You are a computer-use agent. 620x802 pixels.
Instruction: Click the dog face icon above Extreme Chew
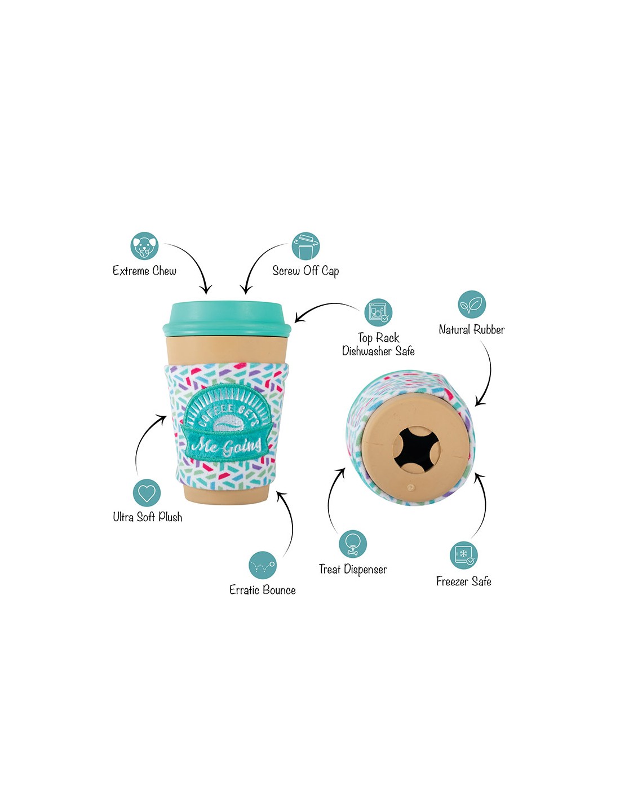coord(144,245)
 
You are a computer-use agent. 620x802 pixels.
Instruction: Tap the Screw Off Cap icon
coord(305,245)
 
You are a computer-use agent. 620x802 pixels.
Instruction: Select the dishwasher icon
coord(378,312)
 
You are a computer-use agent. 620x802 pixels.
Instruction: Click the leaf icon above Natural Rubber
coord(472,305)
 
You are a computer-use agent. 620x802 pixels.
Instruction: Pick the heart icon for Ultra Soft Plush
coord(147,493)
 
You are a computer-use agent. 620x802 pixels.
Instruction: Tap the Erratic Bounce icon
coord(262,565)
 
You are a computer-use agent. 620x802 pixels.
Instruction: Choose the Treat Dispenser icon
coord(353,544)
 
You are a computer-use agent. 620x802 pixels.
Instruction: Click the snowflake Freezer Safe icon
coord(464,555)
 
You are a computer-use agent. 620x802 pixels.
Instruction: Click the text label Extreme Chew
coord(145,271)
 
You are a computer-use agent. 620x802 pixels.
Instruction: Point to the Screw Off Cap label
coord(305,271)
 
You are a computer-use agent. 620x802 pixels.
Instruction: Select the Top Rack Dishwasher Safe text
coord(378,345)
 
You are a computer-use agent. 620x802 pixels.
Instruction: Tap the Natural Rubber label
coord(472,329)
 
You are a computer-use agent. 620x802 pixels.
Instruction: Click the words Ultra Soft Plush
coord(148,517)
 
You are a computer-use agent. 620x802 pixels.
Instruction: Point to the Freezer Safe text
coord(464,581)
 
